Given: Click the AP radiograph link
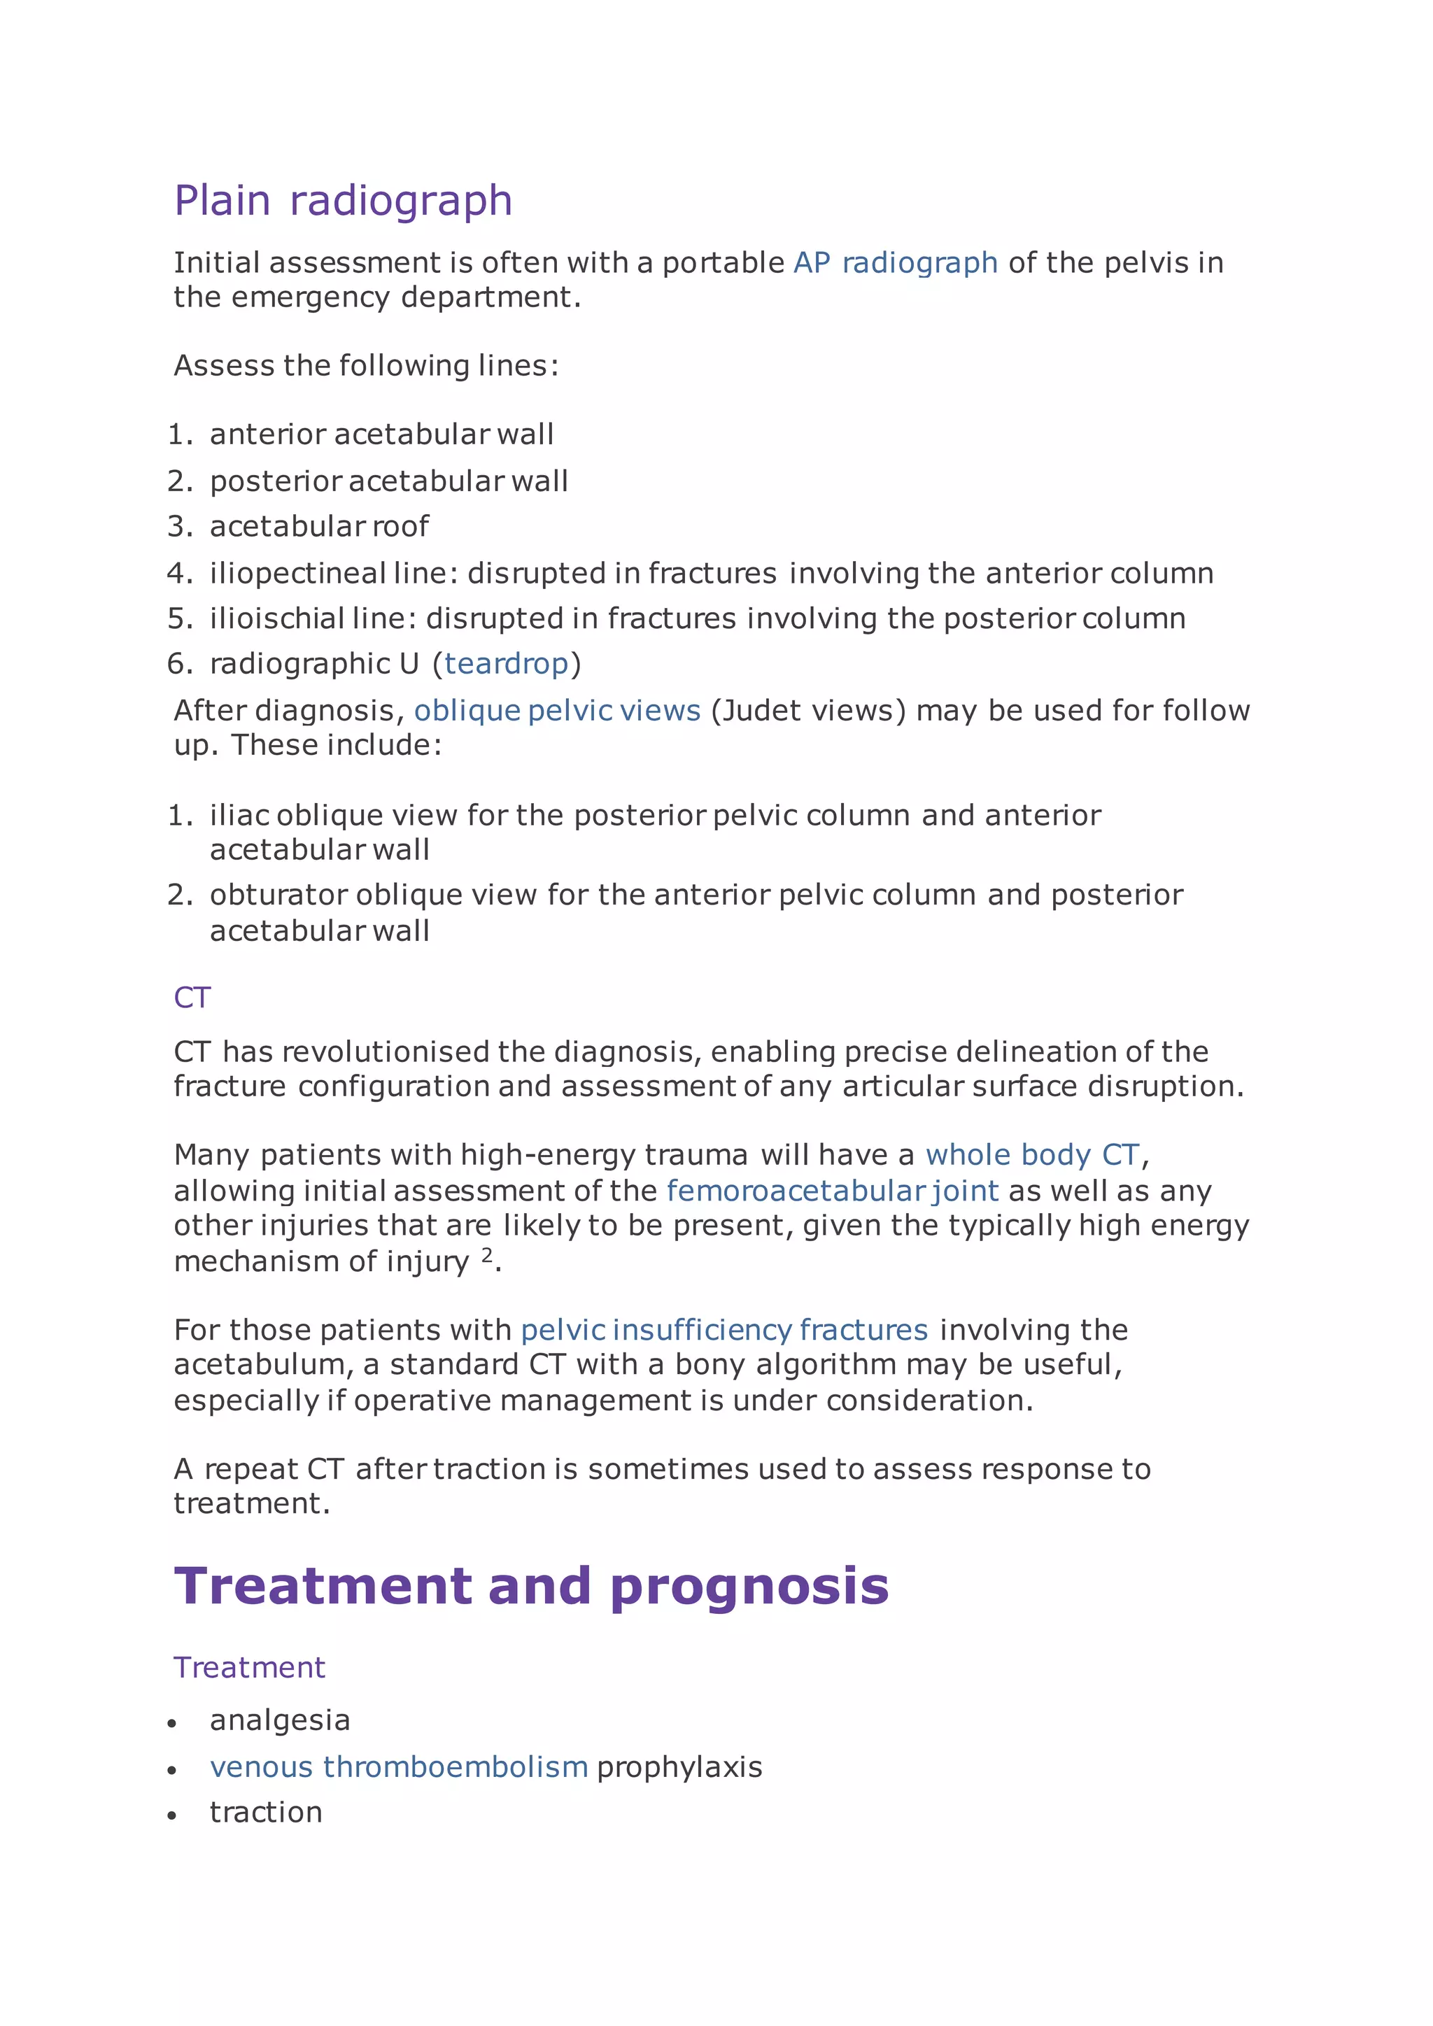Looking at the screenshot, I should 895,263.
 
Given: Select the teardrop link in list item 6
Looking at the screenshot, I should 506,664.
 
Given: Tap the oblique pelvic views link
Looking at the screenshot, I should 557,710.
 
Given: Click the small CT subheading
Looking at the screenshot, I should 192,998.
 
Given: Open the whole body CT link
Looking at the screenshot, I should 1032,1155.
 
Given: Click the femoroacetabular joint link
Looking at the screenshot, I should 832,1191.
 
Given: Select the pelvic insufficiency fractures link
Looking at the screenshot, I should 723,1330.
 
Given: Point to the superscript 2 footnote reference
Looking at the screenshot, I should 486,1256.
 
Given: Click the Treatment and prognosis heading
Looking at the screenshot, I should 530,1586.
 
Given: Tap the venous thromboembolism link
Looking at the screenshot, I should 399,1766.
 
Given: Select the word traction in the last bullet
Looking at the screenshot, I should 266,1813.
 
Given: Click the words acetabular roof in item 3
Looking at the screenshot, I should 318,527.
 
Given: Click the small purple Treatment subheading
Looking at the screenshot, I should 249,1668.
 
